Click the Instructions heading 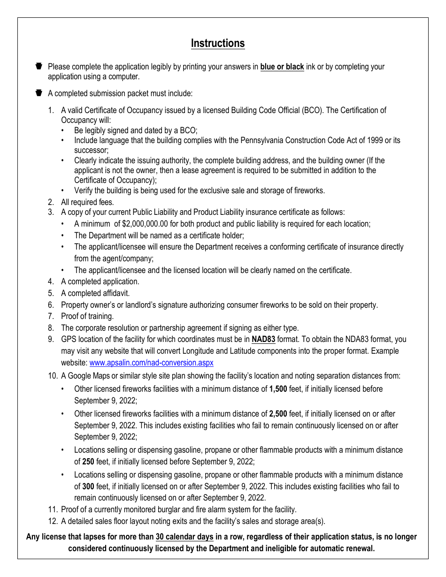(x=217, y=43)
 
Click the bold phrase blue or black (x=282, y=67)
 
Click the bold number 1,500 (x=278, y=389)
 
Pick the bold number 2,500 (x=278, y=414)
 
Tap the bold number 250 (x=88, y=461)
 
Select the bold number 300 (x=88, y=486)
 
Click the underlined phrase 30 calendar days (x=185, y=537)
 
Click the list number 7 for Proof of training (x=51, y=316)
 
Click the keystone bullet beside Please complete (x=39, y=66)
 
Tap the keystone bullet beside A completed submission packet (x=39, y=93)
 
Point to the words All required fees (x=87, y=202)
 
